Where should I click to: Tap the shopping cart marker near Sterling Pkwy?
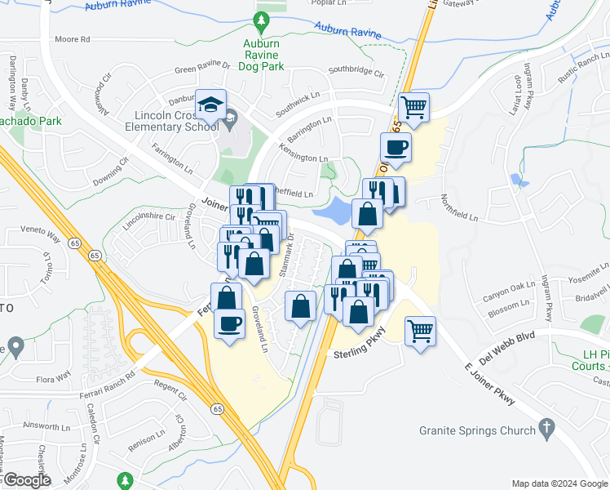[x=420, y=331]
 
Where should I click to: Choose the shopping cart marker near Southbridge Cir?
[x=414, y=106]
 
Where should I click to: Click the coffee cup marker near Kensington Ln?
[x=396, y=147]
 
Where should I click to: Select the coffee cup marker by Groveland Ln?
[x=229, y=323]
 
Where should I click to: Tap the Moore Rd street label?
[x=72, y=39]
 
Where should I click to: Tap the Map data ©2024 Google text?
[x=559, y=483]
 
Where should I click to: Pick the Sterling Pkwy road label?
[x=358, y=354]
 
